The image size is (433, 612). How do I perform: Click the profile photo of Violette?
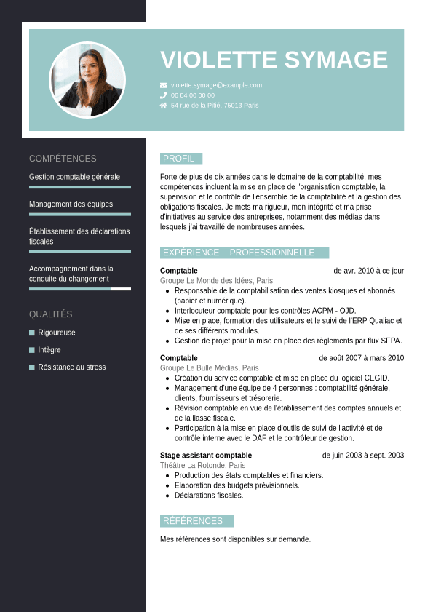point(87,80)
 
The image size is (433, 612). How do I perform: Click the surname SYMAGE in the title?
point(336,60)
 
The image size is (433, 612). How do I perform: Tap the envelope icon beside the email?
point(164,85)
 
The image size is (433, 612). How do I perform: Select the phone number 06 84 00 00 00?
point(193,95)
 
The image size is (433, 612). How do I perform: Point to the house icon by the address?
point(164,106)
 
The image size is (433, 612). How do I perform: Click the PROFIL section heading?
point(179,159)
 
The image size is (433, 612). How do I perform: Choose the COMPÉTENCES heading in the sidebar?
point(63,159)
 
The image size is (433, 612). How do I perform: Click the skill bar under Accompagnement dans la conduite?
point(80,289)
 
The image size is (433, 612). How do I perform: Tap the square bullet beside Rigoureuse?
point(32,333)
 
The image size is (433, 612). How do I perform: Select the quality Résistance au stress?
point(71,367)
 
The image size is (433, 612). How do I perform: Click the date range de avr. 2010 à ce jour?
point(368,271)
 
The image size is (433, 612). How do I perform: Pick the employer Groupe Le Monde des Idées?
point(216,281)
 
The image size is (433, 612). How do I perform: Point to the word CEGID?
point(376,378)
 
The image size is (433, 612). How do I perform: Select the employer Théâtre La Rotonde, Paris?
point(202,466)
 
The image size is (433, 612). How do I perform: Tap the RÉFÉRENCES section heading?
point(193,521)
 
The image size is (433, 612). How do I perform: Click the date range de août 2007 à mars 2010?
point(361,358)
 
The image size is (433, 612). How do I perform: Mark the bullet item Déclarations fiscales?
point(209,496)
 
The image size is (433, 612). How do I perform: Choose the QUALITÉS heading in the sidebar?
point(51,314)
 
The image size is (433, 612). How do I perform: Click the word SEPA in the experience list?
point(392,341)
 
